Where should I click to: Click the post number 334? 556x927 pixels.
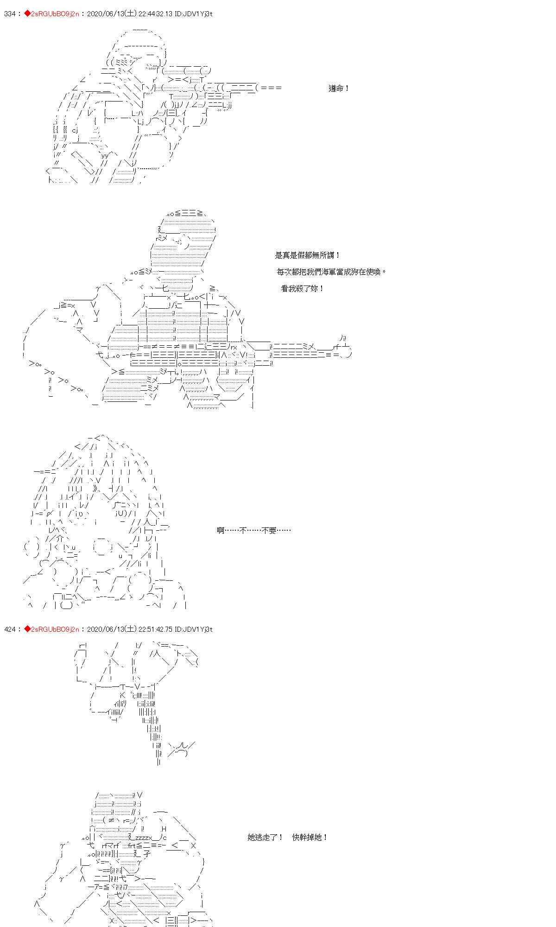[11, 14]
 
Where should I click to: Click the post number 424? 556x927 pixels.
[11, 629]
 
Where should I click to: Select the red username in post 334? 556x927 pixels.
[51, 14]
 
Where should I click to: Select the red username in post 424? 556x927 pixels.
[51, 629]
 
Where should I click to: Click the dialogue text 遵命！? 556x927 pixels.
[339, 88]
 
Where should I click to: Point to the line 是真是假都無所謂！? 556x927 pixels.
[308, 255]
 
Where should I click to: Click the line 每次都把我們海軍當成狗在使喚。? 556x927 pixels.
[332, 272]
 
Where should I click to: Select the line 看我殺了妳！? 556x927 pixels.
[303, 288]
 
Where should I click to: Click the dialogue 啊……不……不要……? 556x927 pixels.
[254, 530]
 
